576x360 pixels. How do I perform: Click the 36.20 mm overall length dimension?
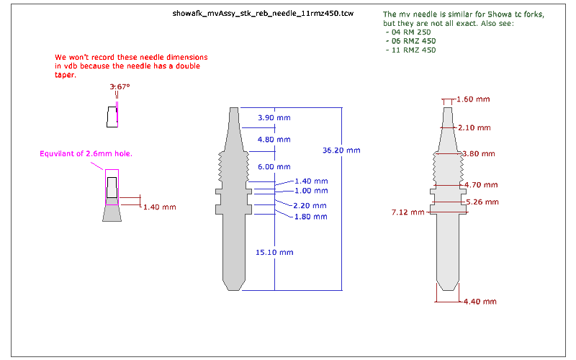341,150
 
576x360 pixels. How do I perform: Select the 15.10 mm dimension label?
274,253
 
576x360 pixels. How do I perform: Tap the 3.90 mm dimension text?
274,118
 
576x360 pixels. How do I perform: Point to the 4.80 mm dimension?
274,140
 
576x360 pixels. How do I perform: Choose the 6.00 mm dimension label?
274,167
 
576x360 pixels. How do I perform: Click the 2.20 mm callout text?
310,206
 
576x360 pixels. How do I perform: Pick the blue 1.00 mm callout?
311,191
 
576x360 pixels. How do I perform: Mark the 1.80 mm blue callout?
311,217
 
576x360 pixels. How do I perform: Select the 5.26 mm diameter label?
482,202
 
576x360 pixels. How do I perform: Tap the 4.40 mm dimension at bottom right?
480,302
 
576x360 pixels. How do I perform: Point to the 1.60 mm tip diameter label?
473,99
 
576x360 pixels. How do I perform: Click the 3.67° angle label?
120,87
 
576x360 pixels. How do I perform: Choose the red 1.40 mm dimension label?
159,207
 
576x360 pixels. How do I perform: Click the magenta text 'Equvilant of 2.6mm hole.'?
86,154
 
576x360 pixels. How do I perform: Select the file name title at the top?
263,14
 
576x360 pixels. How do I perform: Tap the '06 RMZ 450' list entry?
411,41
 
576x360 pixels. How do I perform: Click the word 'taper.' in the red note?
66,75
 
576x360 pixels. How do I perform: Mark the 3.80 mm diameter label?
479,154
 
